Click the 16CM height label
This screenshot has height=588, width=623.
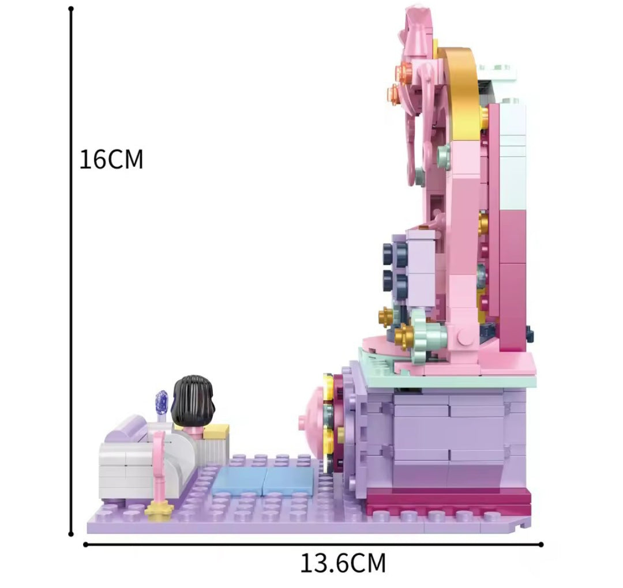[x=111, y=160]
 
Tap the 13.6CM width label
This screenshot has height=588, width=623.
[x=343, y=563]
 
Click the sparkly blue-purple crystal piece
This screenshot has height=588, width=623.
[x=162, y=402]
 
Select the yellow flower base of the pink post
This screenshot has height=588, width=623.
[x=160, y=509]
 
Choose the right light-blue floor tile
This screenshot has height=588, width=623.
[x=288, y=480]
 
